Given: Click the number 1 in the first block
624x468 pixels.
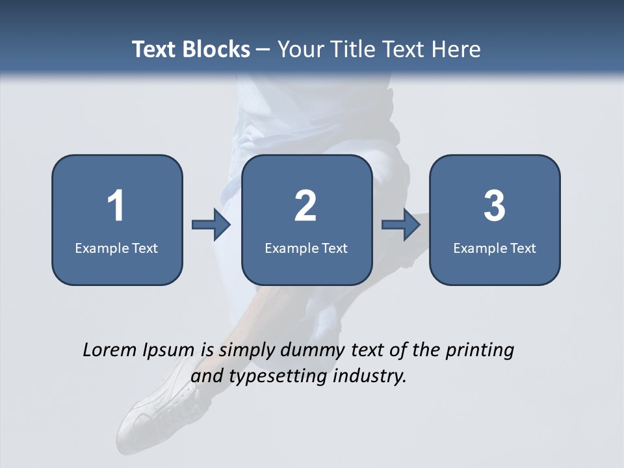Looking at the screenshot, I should [116, 206].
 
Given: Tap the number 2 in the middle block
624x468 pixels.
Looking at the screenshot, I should [305, 206].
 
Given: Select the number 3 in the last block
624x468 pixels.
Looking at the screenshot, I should [495, 206].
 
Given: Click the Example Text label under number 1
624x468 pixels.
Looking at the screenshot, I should [116, 248].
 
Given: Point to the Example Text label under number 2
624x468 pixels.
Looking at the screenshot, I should [306, 248].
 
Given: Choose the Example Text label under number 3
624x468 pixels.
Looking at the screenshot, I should [495, 248].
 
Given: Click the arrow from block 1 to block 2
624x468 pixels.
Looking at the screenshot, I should [211, 225].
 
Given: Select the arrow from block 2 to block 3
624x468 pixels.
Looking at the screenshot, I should [401, 225].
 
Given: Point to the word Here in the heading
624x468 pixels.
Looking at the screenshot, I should [458, 49].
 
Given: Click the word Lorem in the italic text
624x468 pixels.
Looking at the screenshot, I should [110, 350].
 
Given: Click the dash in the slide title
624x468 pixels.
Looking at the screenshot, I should [263, 49].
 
